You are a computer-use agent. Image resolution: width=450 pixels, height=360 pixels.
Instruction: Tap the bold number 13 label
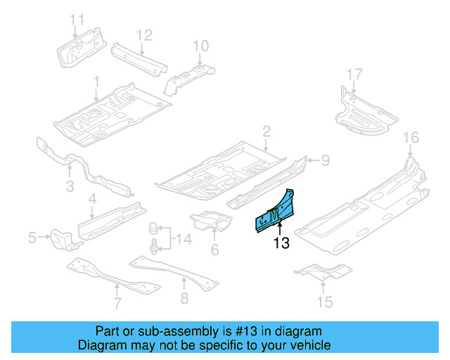(x=281, y=243)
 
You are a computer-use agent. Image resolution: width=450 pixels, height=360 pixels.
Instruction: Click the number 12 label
(x=143, y=34)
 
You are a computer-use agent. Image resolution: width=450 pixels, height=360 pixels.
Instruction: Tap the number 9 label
(x=325, y=161)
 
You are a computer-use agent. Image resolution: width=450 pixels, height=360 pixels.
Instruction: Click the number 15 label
(x=324, y=303)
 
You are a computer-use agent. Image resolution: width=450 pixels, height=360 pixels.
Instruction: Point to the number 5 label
(x=32, y=239)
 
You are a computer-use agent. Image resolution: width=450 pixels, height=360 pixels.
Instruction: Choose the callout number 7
(x=117, y=303)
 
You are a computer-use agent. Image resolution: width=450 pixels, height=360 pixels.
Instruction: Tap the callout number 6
(x=214, y=249)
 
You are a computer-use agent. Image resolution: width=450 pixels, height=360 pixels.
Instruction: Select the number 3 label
(x=70, y=186)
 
